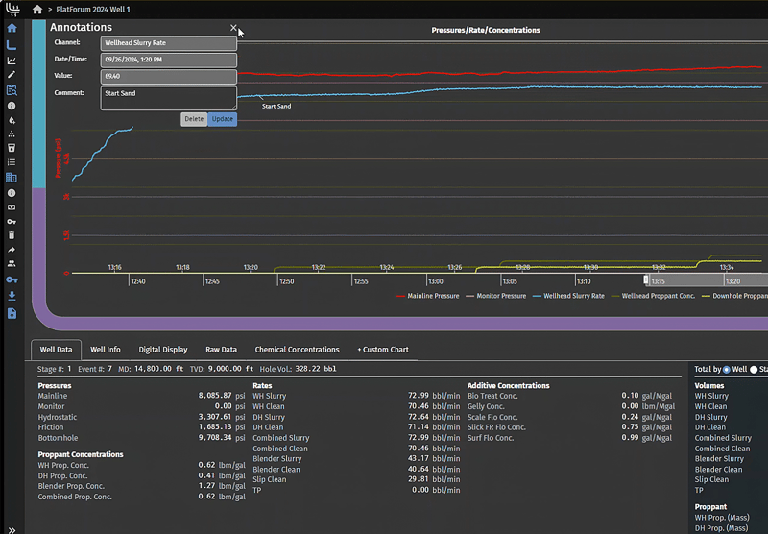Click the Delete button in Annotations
[194, 119]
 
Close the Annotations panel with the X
[233, 29]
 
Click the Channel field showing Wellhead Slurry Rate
[168, 43]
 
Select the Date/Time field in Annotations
[168, 60]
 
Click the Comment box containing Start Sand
[168, 98]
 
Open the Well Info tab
[106, 350]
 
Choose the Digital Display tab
[163, 350]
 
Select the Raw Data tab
[222, 350]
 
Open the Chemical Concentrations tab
[297, 350]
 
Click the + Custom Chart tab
[383, 350]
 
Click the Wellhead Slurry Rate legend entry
[573, 296]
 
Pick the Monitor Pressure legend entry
[501, 296]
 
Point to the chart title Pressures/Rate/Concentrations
[486, 30]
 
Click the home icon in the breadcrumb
[37, 9]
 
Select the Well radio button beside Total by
[727, 369]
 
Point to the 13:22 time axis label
[319, 268]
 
